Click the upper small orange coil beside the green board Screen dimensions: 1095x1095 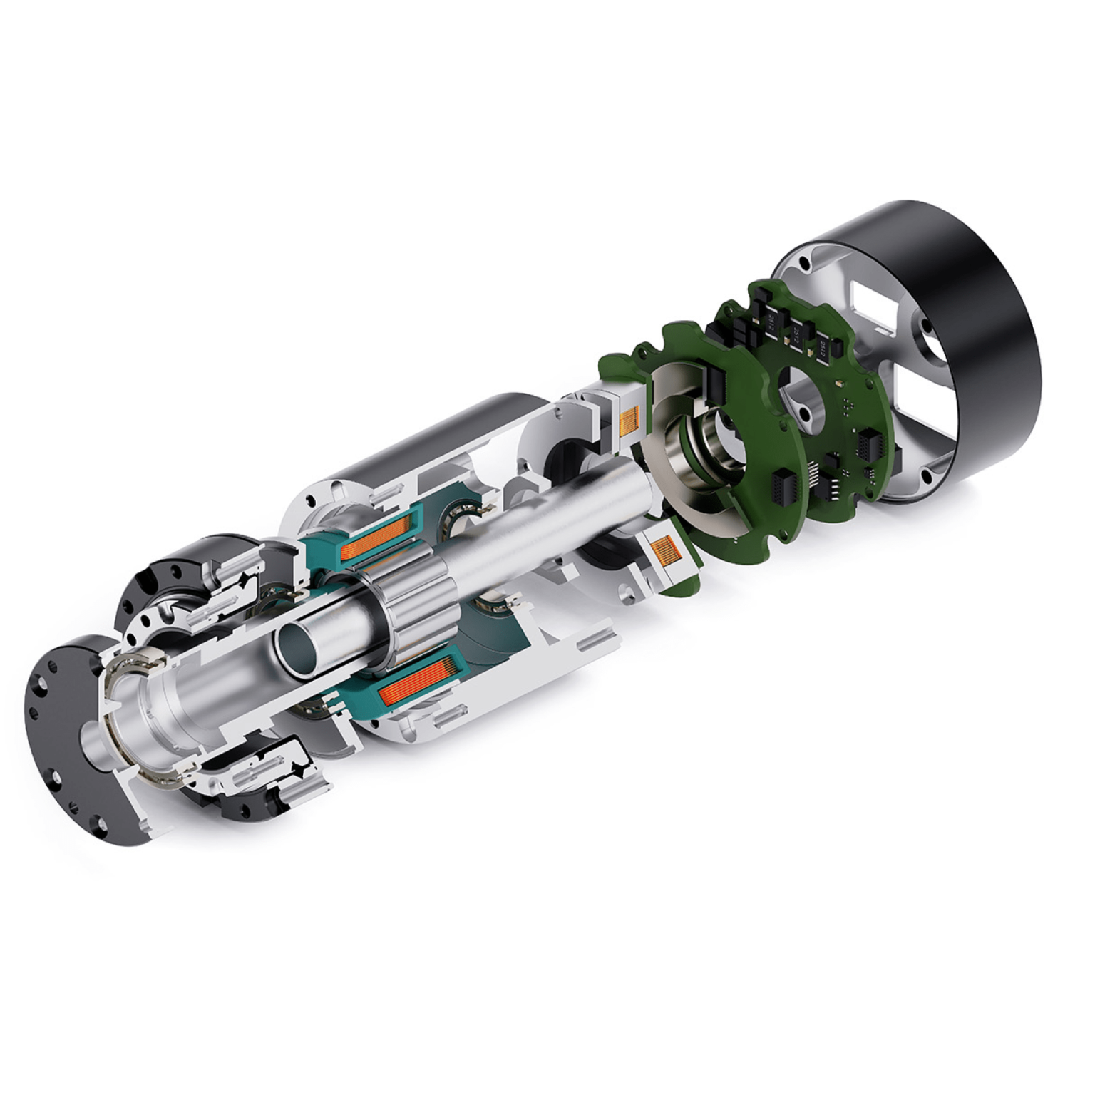[x=630, y=420]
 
